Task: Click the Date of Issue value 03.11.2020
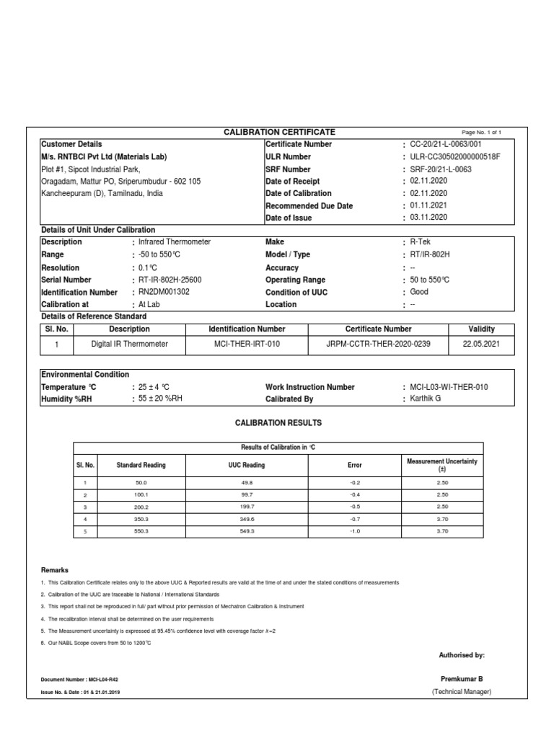click(x=428, y=218)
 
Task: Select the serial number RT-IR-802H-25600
click(x=170, y=280)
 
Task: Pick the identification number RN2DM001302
click(x=164, y=292)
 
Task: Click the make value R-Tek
click(x=420, y=242)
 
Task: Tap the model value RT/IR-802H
click(x=430, y=254)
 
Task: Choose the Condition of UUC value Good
click(x=419, y=292)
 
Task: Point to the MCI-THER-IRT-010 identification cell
click(x=247, y=344)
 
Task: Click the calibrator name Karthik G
click(x=426, y=399)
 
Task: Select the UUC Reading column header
click(x=247, y=465)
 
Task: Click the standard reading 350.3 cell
click(x=141, y=518)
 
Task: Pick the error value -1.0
click(x=355, y=531)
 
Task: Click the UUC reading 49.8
click(x=247, y=482)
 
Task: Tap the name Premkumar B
click(x=462, y=679)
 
